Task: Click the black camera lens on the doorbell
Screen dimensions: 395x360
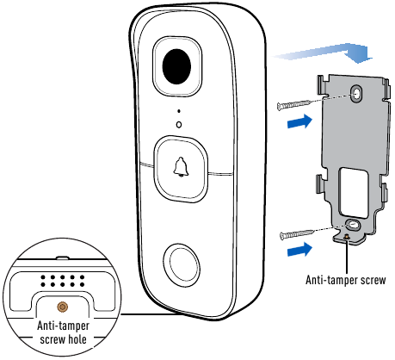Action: coord(176,66)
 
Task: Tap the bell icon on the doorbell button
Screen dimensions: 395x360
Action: coord(181,167)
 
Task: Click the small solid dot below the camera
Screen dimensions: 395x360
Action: coord(179,111)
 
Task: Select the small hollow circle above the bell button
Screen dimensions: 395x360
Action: coord(179,125)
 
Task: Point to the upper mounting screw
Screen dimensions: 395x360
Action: coord(294,104)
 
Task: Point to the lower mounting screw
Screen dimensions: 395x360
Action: coord(297,234)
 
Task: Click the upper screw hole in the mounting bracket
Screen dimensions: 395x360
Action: coord(356,93)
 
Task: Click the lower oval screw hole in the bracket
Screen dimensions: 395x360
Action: coord(352,225)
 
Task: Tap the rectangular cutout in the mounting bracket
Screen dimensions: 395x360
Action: coord(353,193)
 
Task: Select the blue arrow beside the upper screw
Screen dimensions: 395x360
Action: coord(299,121)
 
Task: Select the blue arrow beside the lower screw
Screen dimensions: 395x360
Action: coord(299,249)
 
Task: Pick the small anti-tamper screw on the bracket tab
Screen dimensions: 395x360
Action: coord(347,237)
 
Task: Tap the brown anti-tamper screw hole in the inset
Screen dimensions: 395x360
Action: coord(63,307)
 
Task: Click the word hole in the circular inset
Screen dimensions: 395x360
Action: coord(77,339)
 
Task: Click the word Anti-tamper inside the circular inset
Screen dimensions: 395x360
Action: coord(63,326)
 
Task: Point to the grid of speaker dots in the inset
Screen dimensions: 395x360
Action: coord(63,281)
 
